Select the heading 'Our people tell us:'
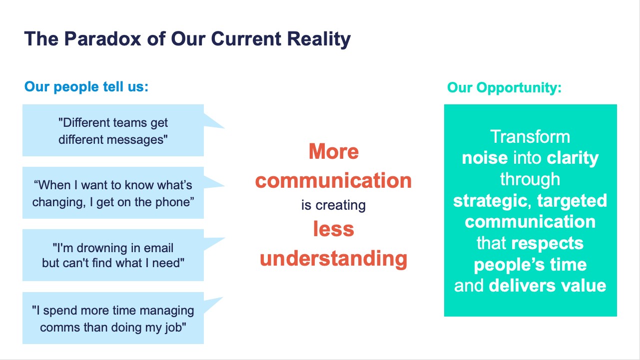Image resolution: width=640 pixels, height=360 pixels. (86, 87)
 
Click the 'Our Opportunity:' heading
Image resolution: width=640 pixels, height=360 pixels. (504, 88)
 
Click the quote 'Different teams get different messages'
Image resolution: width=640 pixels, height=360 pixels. (113, 130)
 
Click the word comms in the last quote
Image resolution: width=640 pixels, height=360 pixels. (56, 327)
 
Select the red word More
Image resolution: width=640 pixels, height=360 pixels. (333, 151)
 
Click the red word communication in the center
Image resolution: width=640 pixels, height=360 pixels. (333, 180)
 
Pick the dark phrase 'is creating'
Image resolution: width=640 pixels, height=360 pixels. (333, 205)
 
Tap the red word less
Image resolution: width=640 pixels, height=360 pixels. (333, 229)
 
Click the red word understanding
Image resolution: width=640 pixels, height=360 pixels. (333, 259)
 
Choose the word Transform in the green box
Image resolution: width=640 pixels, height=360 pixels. (530, 137)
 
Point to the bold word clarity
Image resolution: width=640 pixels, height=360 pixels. (573, 158)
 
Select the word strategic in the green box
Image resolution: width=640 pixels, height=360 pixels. (490, 201)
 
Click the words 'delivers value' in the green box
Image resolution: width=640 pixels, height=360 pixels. (548, 286)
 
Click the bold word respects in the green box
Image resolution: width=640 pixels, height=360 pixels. (547, 243)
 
